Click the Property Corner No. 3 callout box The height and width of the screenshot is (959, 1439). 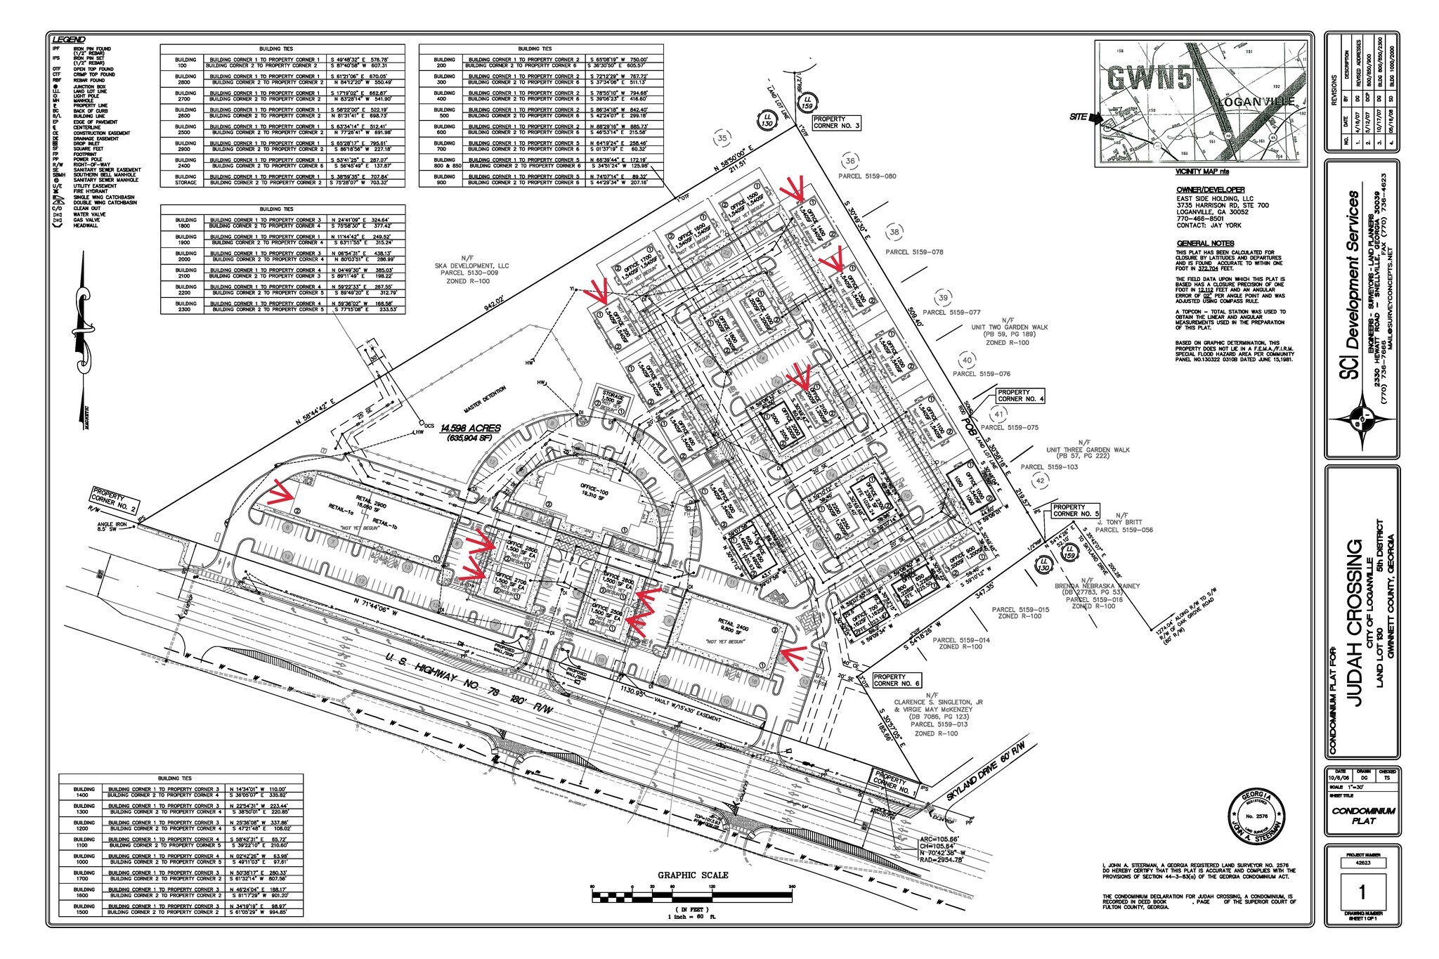coord(836,123)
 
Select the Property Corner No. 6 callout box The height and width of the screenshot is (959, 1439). coord(897,679)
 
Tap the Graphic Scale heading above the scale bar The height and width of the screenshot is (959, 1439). coord(692,875)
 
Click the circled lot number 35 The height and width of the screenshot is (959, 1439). coord(722,139)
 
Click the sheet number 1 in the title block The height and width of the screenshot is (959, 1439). coord(1362,893)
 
